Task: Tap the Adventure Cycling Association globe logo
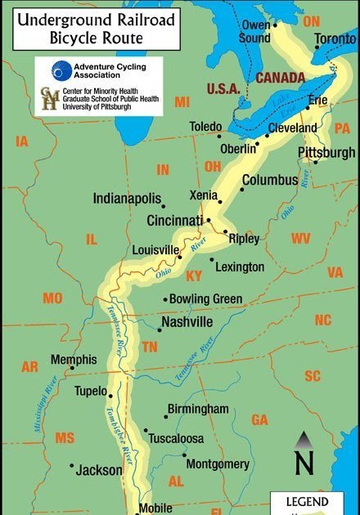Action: click(x=61, y=71)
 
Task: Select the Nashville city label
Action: click(x=187, y=322)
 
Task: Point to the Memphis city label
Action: click(x=74, y=360)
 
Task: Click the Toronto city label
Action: click(x=335, y=38)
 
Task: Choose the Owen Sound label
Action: click(x=255, y=31)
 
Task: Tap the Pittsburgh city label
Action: click(x=326, y=153)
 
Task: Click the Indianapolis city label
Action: click(x=126, y=199)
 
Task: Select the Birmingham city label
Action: click(x=198, y=409)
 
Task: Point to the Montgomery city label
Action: click(x=218, y=463)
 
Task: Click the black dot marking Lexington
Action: click(x=212, y=261)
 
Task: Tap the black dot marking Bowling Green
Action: click(x=165, y=299)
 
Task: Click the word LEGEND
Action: click(x=308, y=501)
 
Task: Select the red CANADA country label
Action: click(x=280, y=78)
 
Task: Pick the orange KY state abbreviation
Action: click(x=194, y=276)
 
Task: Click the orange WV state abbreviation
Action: click(x=301, y=239)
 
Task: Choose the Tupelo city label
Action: click(x=91, y=392)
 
